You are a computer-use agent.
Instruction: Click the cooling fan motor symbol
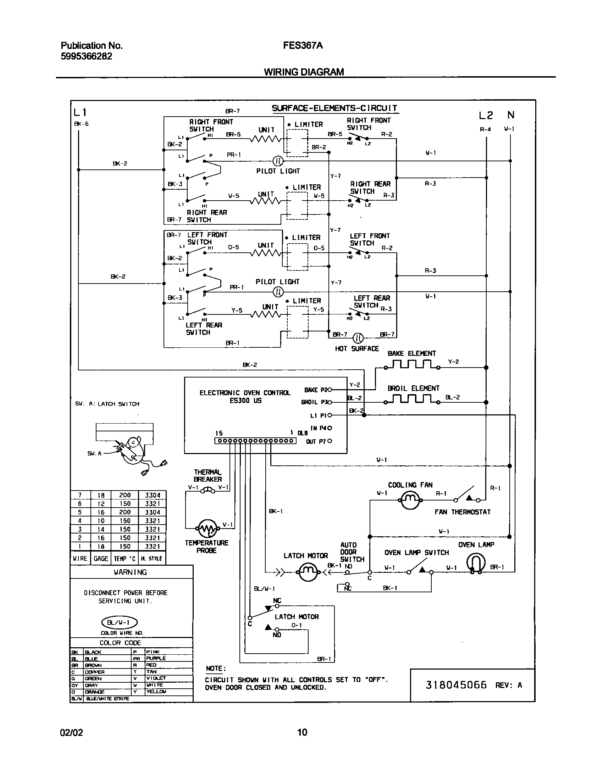pyautogui.click(x=410, y=500)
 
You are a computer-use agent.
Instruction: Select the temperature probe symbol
pyautogui.click(x=208, y=529)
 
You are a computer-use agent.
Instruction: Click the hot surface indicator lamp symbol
pyautogui.click(x=359, y=337)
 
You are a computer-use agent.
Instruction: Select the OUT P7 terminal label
pyautogui.click(x=315, y=442)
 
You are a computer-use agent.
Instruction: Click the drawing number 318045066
pyautogui.click(x=456, y=685)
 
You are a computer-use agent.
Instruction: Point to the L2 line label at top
pyautogui.click(x=486, y=115)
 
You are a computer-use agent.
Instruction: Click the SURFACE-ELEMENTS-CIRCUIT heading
pyautogui.click(x=334, y=108)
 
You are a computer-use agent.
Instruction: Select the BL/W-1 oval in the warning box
pyautogui.click(x=119, y=622)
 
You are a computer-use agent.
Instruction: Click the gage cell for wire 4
pyautogui.click(x=101, y=521)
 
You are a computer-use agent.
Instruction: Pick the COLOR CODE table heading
pyautogui.click(x=120, y=643)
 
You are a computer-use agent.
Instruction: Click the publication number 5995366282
pyautogui.click(x=87, y=56)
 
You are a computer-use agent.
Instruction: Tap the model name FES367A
pyautogui.click(x=303, y=46)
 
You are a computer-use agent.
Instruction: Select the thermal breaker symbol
pyautogui.click(x=208, y=491)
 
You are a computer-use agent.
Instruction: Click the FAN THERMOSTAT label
pyautogui.click(x=463, y=512)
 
